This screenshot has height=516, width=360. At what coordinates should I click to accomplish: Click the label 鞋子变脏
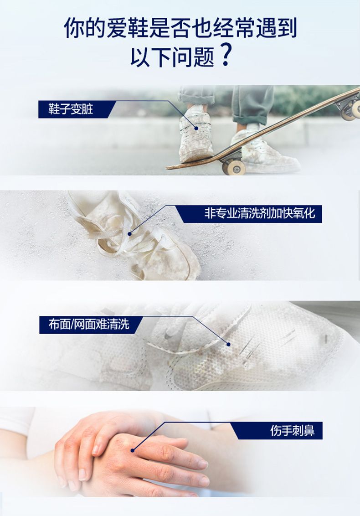(71, 109)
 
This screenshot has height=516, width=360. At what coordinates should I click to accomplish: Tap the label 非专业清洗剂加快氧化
(260, 213)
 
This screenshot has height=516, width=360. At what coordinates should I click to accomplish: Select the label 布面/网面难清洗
(89, 325)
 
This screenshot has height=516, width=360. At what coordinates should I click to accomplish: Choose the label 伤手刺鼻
(292, 430)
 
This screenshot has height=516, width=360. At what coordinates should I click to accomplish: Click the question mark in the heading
(226, 56)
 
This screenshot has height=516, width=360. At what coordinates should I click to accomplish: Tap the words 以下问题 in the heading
(172, 56)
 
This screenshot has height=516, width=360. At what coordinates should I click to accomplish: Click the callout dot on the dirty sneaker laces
(196, 128)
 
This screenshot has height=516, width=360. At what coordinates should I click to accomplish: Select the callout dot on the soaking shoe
(130, 234)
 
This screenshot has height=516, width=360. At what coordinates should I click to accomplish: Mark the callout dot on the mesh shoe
(228, 344)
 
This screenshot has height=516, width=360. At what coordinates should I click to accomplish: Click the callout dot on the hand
(132, 450)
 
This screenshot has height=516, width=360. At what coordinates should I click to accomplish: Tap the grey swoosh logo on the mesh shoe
(169, 334)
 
